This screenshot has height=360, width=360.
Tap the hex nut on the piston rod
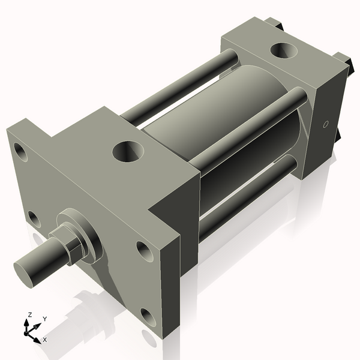pyautogui.click(x=67, y=245)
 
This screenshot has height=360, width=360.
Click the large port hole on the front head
pyautogui.click(x=127, y=150)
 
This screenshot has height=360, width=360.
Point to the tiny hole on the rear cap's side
pyautogui.click(x=326, y=125)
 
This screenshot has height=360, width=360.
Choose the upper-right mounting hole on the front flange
pyautogui.click(x=143, y=248)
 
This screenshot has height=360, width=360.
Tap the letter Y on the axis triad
pyautogui.click(x=45, y=319)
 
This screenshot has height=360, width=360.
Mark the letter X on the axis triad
pyautogui.click(x=45, y=340)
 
